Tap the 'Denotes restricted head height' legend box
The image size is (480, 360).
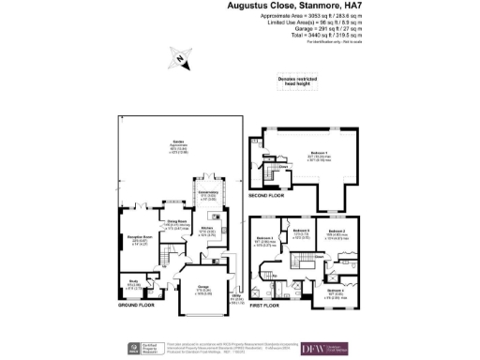[299, 81]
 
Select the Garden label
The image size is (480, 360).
[177, 143]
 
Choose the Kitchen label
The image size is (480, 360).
[208, 231]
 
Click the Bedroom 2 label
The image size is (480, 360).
[337, 231]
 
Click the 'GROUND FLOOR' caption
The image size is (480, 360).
[136, 307]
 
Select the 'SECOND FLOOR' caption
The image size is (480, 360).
[267, 197]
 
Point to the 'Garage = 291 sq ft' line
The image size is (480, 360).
[319, 30]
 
